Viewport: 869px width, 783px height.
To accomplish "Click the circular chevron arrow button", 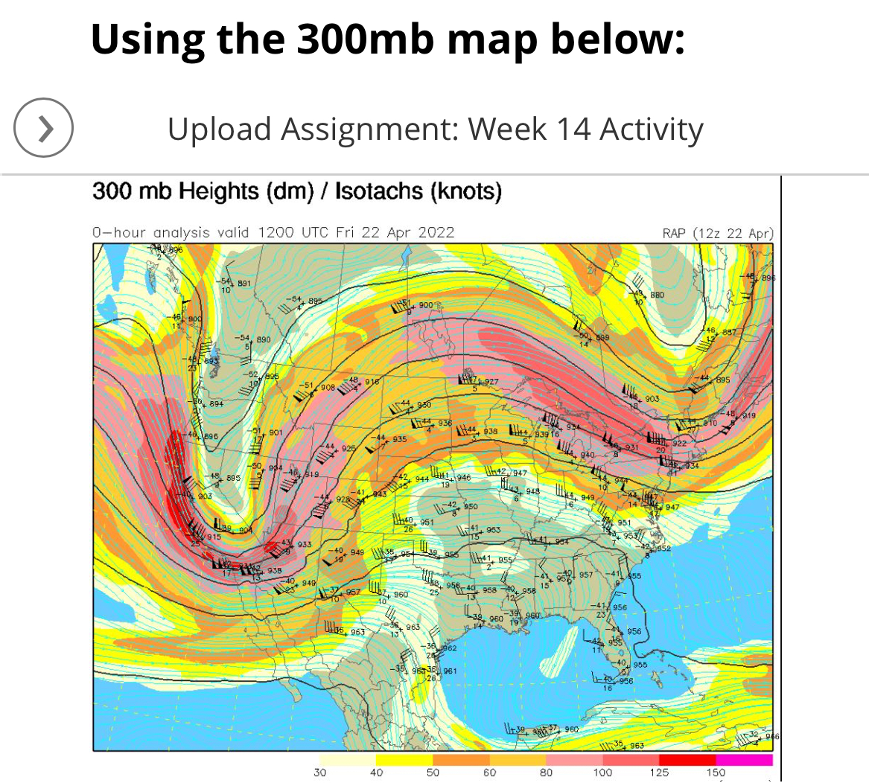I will (43, 128).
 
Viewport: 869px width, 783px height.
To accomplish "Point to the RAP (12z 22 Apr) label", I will (718, 233).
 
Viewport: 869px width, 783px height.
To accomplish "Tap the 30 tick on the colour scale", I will (319, 773).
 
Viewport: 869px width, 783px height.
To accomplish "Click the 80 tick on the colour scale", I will (546, 773).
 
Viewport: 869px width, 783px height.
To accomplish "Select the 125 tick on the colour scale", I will (659, 773).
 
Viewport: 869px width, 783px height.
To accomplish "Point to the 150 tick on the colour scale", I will (716, 773).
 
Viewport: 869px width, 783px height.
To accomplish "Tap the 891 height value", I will (244, 284).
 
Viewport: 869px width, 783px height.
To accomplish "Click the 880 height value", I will (657, 295).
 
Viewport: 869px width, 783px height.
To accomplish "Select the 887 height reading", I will (728, 332).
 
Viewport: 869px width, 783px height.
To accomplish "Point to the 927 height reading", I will (491, 382).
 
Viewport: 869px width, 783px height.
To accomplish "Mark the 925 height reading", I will (348, 450).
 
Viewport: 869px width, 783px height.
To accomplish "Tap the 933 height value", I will (305, 545).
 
